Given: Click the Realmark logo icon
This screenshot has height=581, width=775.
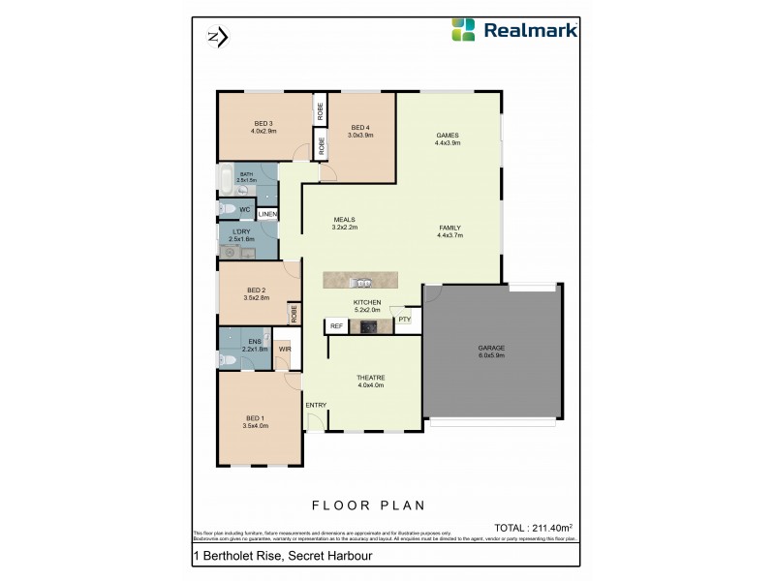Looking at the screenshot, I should coord(464,29).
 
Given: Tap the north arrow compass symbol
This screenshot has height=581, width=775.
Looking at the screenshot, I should coord(217,38).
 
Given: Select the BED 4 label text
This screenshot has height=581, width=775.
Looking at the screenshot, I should coord(360,128).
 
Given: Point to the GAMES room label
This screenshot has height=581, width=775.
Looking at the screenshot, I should coord(447,135).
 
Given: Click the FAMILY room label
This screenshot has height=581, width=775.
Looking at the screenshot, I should coord(449,228).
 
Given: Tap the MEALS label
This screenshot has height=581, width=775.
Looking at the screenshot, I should coord(345,220).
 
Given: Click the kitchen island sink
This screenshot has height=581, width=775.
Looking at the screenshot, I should coord(360,283).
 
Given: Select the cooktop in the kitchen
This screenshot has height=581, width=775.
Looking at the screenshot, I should coord(368,326).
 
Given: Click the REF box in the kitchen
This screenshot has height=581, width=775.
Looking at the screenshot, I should coord(336,326).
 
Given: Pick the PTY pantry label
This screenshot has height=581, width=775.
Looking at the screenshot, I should coord(404,319).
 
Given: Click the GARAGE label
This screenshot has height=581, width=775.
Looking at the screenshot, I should coord(492,348).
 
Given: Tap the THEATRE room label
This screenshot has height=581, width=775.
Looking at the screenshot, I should coord(371,378).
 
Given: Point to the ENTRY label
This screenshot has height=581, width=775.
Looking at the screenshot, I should coord(316,404).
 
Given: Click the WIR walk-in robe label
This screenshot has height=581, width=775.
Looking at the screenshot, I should coord(285,350).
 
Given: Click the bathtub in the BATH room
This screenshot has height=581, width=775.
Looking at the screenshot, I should coord(226,180).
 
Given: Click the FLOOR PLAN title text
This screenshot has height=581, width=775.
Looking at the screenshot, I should coord(368,505).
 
